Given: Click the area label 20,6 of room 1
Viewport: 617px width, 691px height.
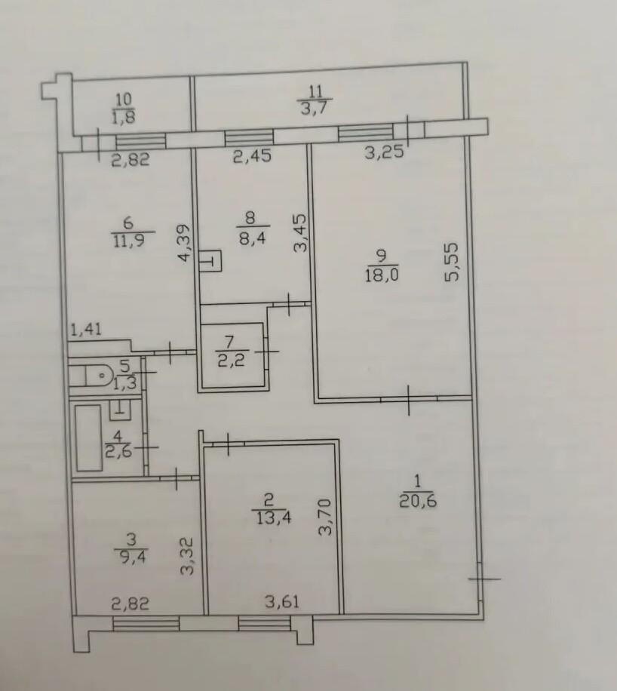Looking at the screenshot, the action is (x=418, y=501).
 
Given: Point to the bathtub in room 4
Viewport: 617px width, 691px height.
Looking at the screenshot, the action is (x=88, y=438).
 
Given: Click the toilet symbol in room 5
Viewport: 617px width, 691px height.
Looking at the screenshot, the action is (x=90, y=376).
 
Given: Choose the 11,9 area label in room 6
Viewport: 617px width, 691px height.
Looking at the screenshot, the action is (x=128, y=240).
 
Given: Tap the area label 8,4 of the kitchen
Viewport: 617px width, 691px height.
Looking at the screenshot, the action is (x=251, y=239).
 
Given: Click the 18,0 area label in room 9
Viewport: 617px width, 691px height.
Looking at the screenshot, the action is (x=382, y=276).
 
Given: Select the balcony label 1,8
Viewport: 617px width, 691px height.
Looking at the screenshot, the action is (x=124, y=117).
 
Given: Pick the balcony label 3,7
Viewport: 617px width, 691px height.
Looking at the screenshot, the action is (x=313, y=108).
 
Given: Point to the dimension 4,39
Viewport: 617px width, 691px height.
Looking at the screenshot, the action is (x=185, y=243).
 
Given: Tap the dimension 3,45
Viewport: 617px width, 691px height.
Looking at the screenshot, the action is (x=299, y=232).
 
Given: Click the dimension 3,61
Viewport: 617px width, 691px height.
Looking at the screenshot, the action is (x=282, y=601).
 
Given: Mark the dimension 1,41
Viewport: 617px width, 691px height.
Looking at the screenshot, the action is (x=87, y=329).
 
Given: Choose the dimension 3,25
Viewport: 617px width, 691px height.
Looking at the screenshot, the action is (x=384, y=152).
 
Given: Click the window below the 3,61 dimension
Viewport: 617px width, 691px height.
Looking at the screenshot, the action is (x=265, y=624).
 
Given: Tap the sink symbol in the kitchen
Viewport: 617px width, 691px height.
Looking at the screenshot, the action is (x=210, y=261).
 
